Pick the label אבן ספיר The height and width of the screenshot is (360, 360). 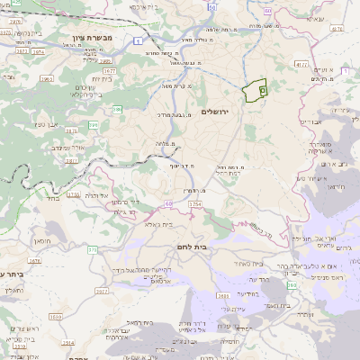(48, 123)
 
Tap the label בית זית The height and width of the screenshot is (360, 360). (100, 78)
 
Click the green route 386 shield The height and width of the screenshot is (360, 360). (117, 110)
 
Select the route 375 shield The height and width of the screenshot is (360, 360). (93, 249)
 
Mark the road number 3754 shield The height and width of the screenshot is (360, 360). (194, 205)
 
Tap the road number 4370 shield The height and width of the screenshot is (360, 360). (336, 29)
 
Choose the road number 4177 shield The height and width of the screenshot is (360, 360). (301, 64)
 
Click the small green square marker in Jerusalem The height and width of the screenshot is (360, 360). (263, 90)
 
